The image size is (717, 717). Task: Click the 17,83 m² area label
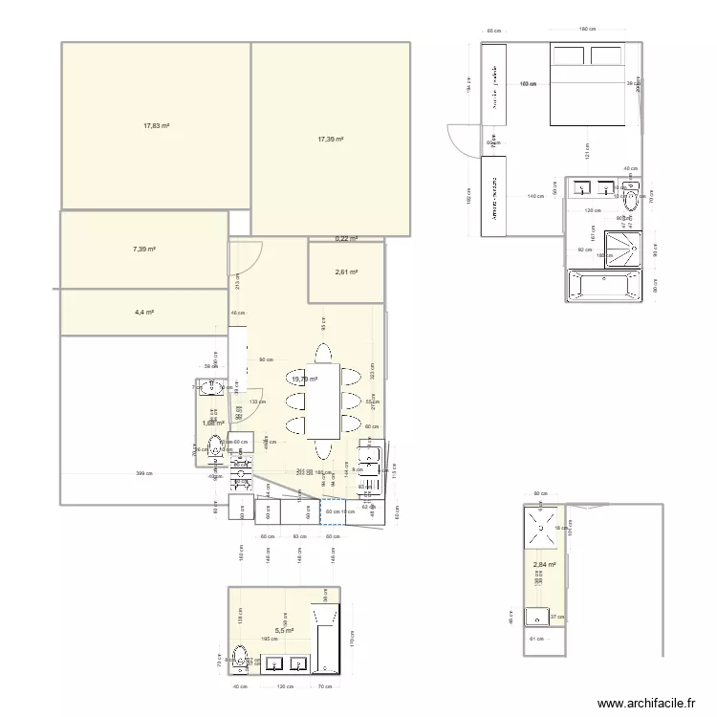pos(157,125)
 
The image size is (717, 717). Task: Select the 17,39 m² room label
pos(331,139)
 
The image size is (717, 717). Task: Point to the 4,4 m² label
pos(143,312)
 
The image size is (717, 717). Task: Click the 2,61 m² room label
pos(346,272)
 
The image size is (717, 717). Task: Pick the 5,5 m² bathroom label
pos(284,631)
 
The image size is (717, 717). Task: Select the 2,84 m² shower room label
pos(544,565)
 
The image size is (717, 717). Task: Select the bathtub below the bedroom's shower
pos(606,285)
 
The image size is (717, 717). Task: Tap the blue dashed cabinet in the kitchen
pos(336,511)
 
